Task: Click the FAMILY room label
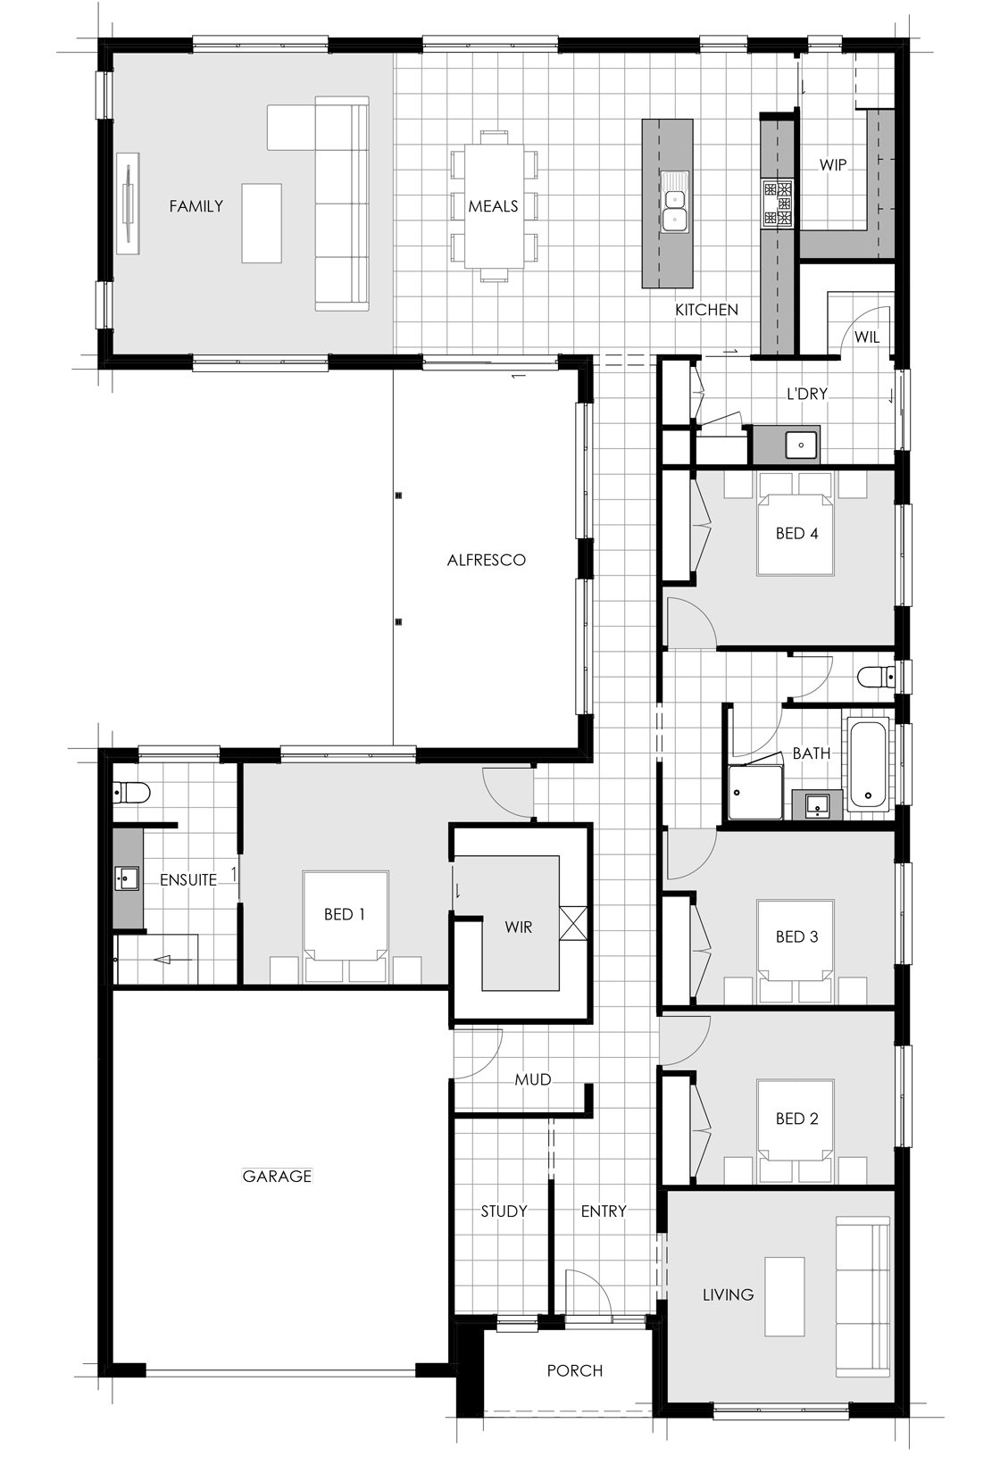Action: coord(196,206)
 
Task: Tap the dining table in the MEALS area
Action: coord(494,206)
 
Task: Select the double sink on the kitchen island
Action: coord(675,201)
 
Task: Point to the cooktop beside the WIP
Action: coord(778,204)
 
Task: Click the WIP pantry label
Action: coord(833,164)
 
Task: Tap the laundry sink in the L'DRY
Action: coord(801,445)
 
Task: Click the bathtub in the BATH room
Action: coord(868,765)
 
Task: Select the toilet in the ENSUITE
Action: coord(131,794)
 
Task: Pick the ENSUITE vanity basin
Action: coord(127,878)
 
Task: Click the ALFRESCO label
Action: coord(487,561)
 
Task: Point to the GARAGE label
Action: coord(277,1176)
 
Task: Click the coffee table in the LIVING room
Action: coord(784,1296)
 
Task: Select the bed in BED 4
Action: coord(796,524)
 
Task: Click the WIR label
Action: coord(519,928)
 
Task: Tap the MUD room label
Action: coord(533,1079)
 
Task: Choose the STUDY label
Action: coord(504,1211)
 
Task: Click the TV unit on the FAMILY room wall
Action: coord(129,204)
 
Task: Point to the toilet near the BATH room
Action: coord(877,676)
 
